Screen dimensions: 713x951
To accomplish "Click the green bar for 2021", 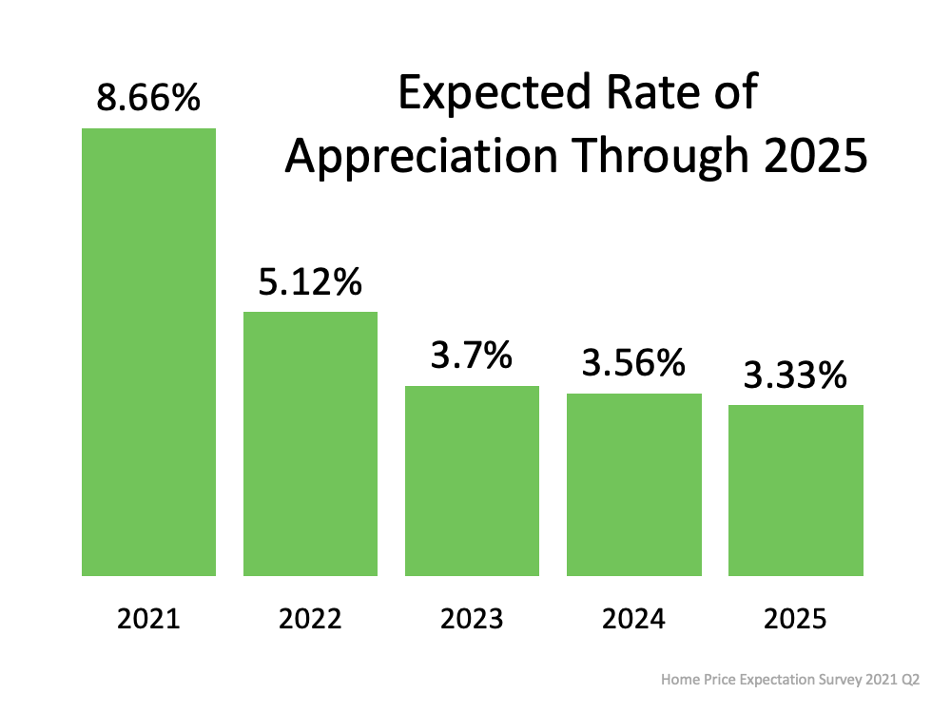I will (148, 352).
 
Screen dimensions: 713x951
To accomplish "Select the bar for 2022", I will (310, 443).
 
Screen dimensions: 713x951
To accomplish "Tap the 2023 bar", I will (472, 480).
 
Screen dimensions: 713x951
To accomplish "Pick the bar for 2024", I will (633, 484).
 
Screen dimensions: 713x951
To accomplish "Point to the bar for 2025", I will (796, 490).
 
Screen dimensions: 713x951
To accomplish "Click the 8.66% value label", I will (148, 98).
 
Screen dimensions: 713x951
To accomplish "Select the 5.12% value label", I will (310, 282).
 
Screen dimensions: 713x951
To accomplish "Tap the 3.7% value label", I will (472, 356).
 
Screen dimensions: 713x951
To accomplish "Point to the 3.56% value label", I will (633, 363).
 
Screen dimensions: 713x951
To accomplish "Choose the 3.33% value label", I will (796, 376).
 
